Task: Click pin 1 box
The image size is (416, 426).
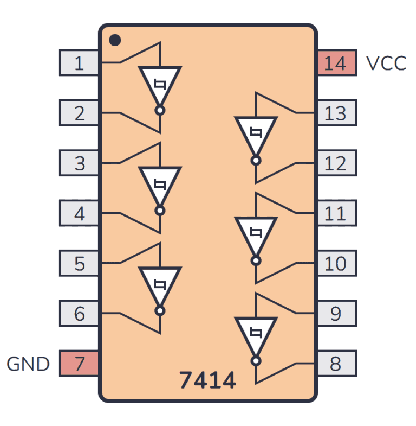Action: click(x=79, y=63)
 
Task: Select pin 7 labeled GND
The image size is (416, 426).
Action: click(x=79, y=363)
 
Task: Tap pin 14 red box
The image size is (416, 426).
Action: click(x=336, y=63)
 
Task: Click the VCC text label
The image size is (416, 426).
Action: click(x=386, y=63)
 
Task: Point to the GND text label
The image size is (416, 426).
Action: click(x=28, y=364)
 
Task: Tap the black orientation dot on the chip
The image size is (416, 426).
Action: click(x=114, y=40)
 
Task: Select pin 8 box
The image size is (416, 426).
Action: click(x=336, y=363)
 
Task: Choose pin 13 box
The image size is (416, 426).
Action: click(x=336, y=113)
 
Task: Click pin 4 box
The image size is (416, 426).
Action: click(x=79, y=213)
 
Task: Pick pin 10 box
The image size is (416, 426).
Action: click(x=336, y=263)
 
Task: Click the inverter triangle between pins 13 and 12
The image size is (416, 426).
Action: click(x=256, y=133)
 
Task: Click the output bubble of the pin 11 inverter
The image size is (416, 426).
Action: click(x=256, y=260)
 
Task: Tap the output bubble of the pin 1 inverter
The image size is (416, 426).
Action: click(x=160, y=110)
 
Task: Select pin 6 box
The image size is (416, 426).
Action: click(x=79, y=313)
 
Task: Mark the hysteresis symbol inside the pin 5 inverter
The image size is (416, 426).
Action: click(x=160, y=283)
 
